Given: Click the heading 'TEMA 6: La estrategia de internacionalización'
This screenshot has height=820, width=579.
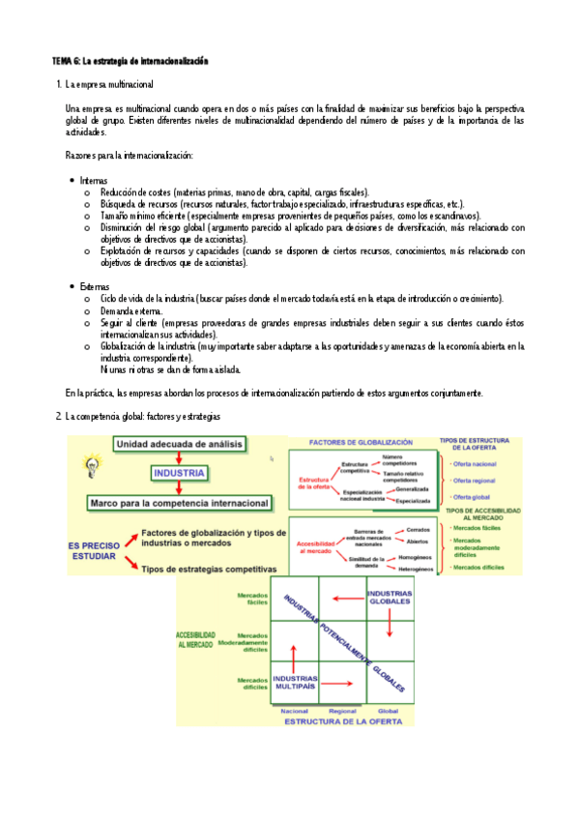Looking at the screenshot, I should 130,61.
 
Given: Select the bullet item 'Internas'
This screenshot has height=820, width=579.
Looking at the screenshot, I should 94,181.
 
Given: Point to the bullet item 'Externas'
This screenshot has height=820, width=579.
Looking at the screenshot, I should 95,287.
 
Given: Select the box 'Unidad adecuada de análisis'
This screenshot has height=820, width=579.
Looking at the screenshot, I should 179,444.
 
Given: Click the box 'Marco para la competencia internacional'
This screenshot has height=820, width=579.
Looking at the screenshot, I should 179,503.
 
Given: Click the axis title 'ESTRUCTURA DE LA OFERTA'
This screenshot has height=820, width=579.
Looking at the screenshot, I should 342,720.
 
